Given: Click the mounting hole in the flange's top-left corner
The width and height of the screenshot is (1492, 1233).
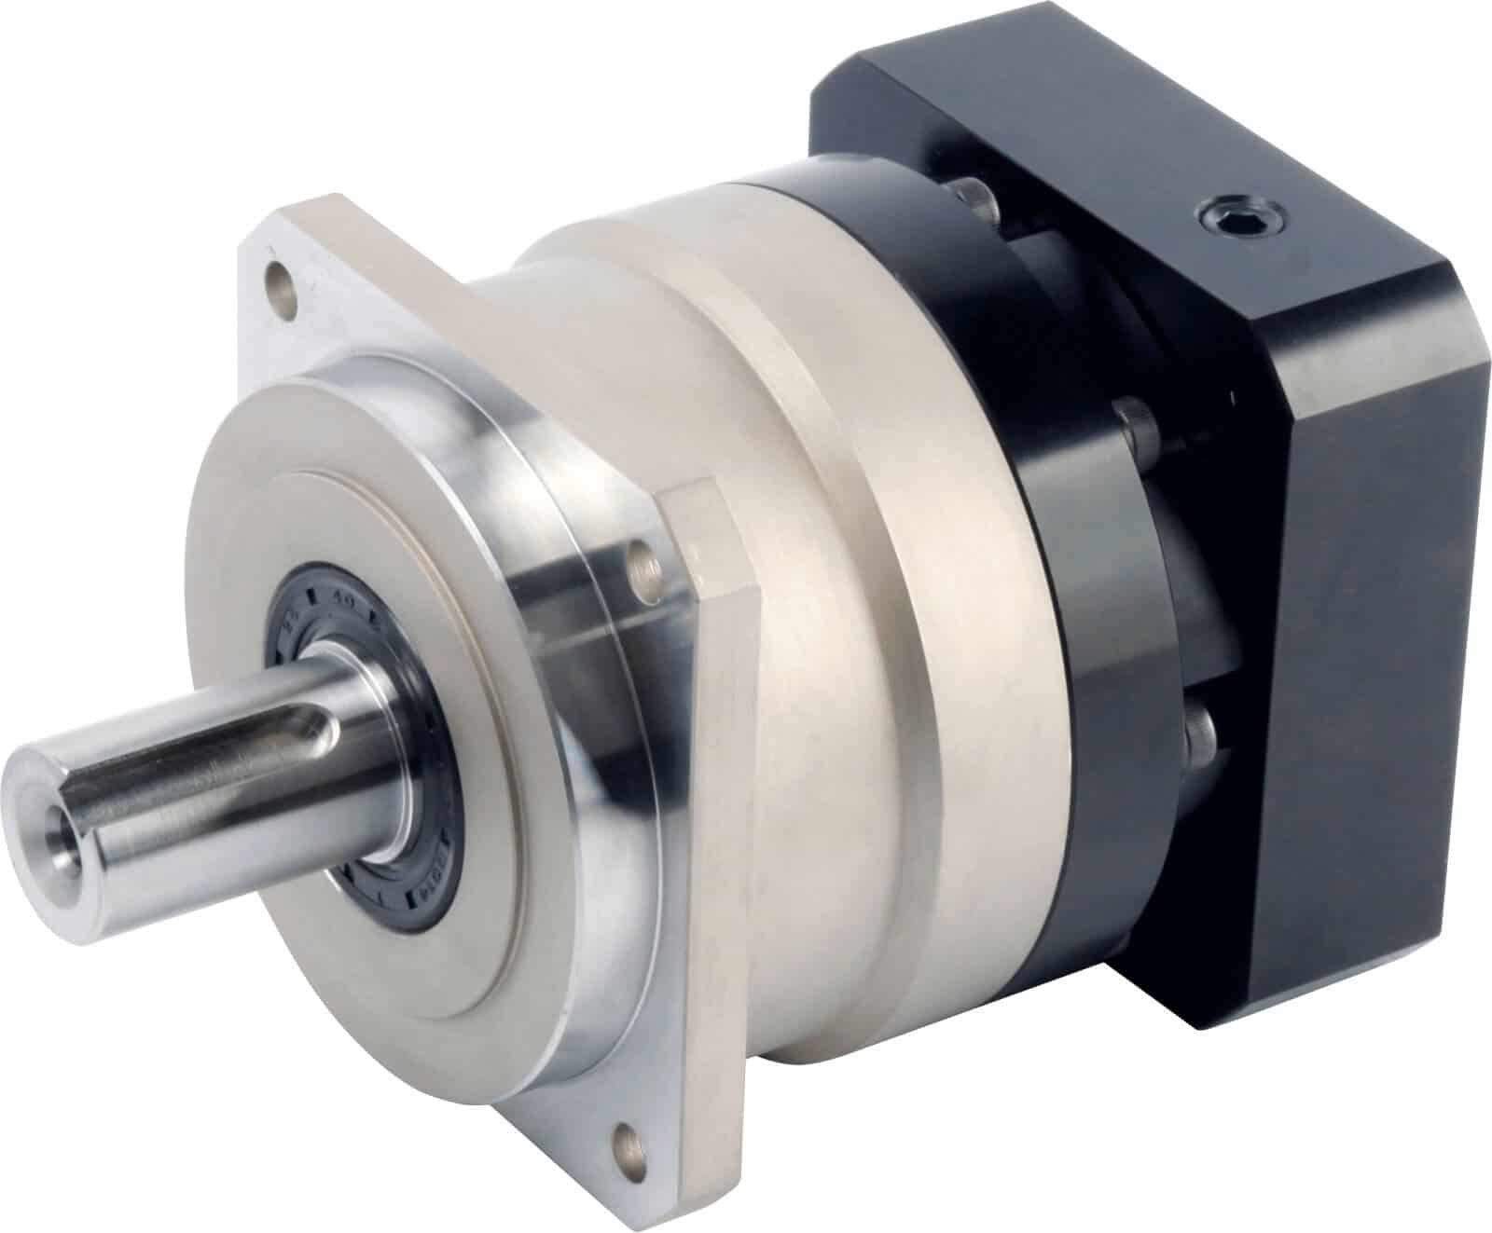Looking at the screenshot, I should (278, 277).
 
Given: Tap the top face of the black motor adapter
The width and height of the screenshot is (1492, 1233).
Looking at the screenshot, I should (1119, 158).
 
